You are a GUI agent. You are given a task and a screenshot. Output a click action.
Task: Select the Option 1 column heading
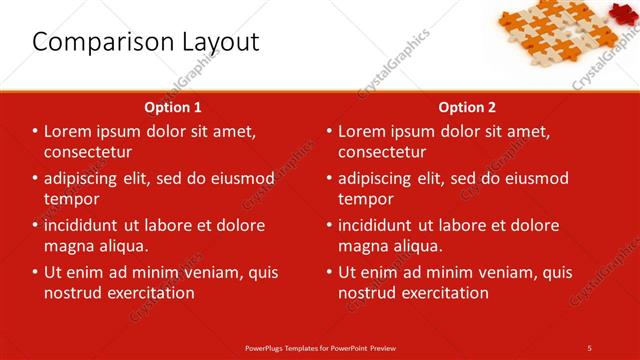click(173, 107)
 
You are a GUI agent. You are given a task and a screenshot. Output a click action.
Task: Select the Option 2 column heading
click(467, 107)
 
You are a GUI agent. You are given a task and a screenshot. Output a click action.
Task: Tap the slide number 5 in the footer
click(589, 347)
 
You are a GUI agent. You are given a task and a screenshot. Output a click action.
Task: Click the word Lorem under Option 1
click(69, 132)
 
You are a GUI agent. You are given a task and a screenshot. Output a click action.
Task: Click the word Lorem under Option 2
click(363, 132)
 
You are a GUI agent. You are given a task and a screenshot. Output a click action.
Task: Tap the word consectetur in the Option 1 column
click(89, 152)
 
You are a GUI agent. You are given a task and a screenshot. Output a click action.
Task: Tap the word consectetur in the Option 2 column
click(383, 152)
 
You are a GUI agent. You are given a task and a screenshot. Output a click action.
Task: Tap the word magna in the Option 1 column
click(68, 246)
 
